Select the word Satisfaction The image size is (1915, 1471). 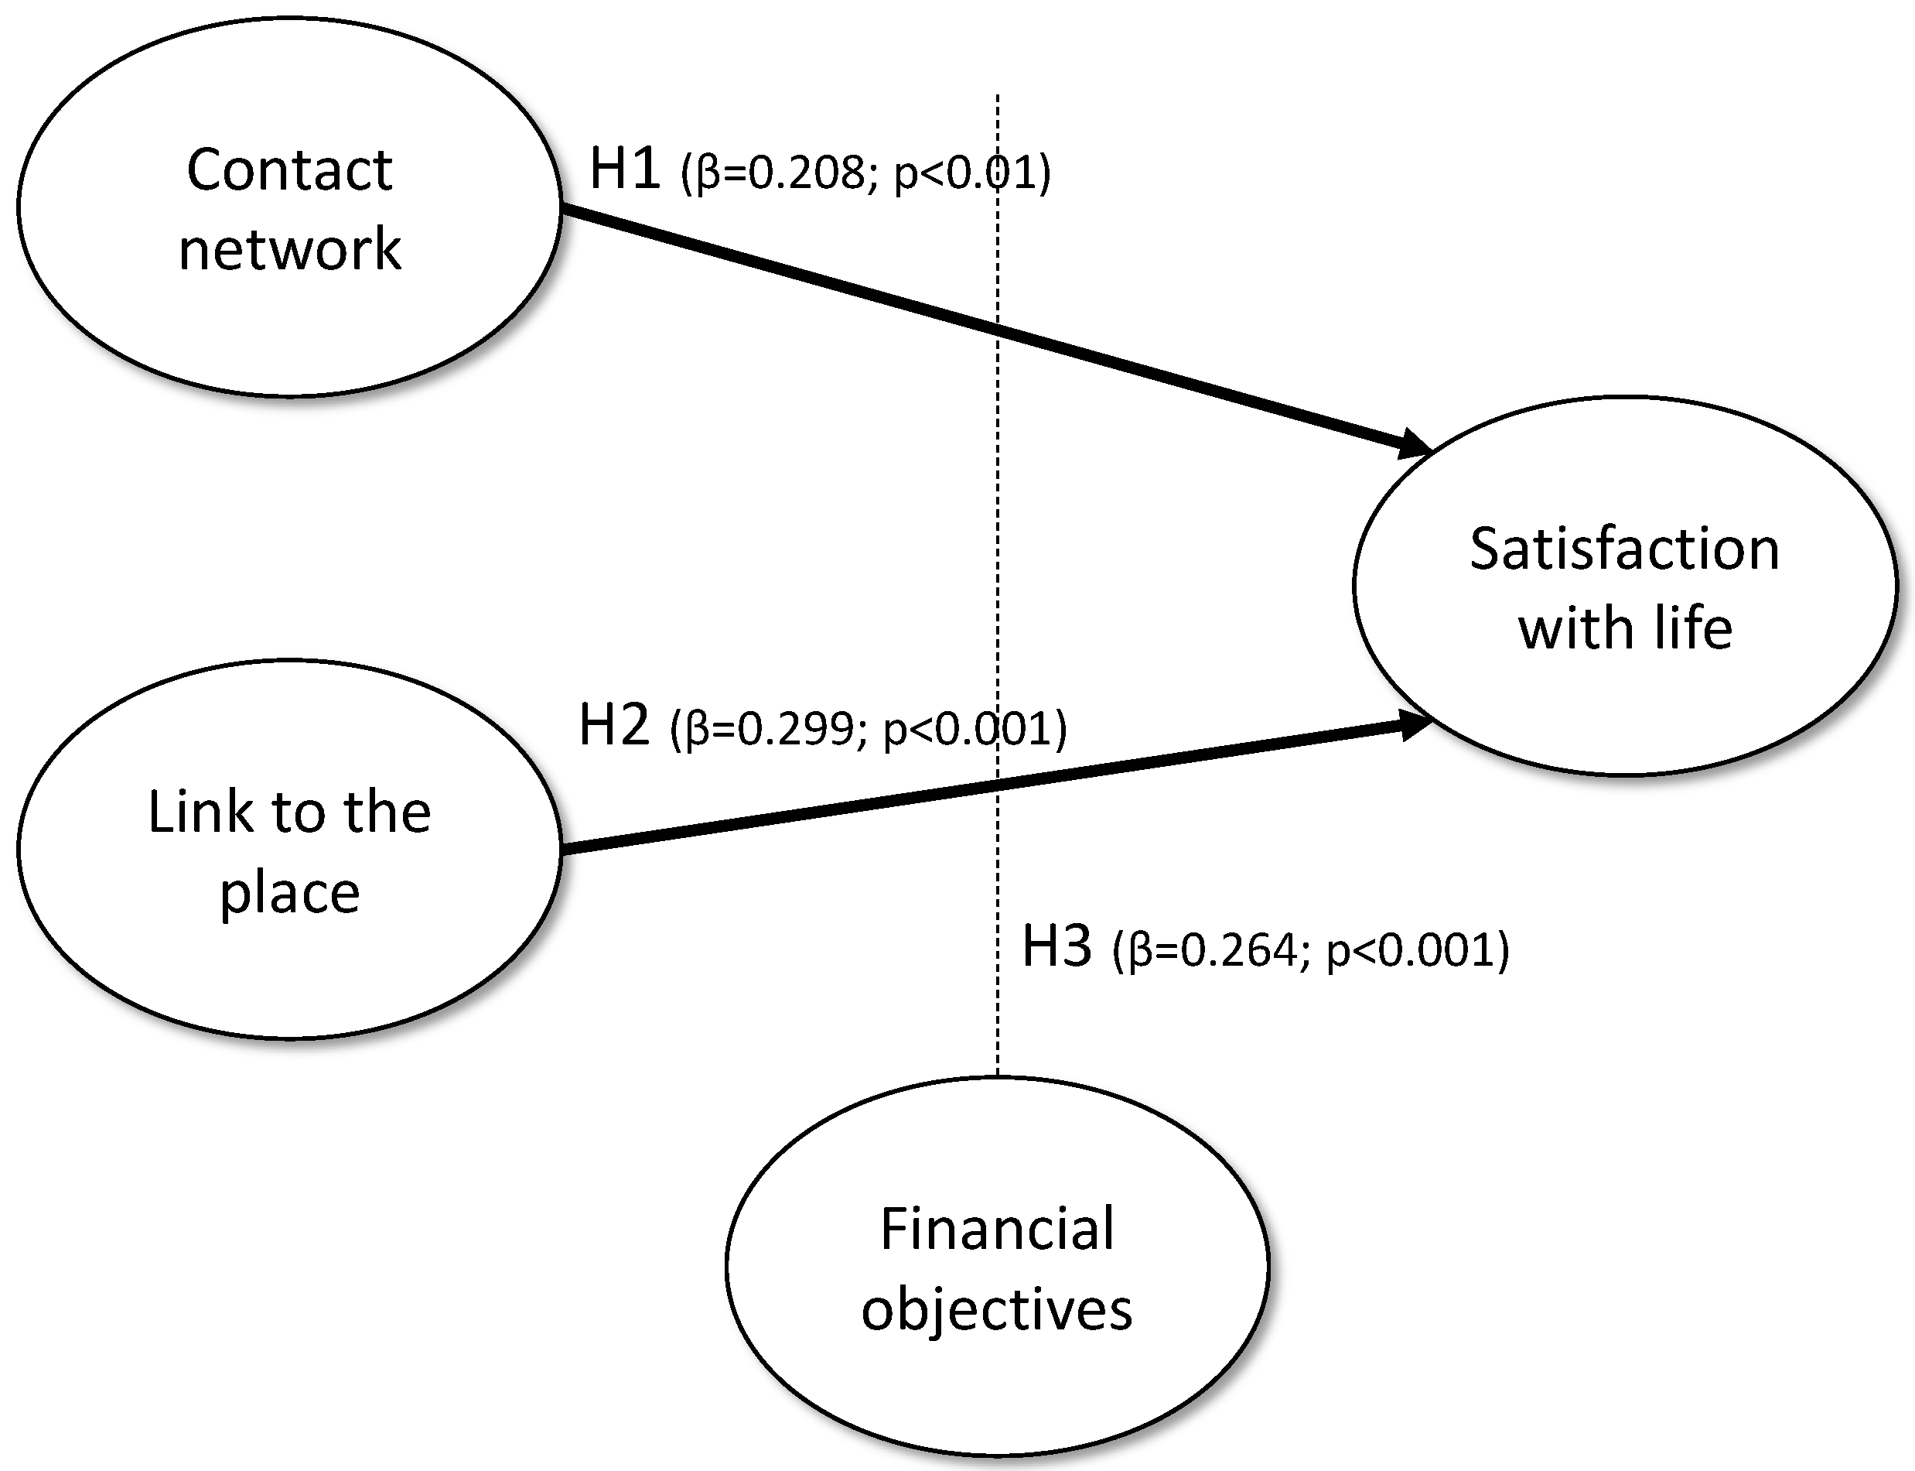tap(1624, 550)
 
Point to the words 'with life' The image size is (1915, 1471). tap(1624, 628)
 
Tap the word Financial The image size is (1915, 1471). tap(997, 1230)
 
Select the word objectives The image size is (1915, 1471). tap(997, 1310)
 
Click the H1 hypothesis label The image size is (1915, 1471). tap(624, 168)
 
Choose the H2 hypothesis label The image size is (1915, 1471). tap(614, 725)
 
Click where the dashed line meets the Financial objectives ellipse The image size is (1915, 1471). tap(998, 1077)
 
